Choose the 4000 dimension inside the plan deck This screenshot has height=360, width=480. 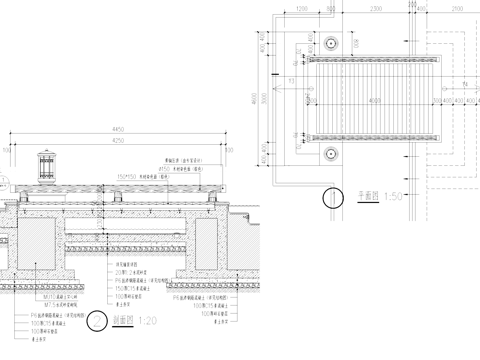pyautogui.click(x=372, y=98)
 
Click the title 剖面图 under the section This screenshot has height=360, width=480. pyautogui.click(x=122, y=322)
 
